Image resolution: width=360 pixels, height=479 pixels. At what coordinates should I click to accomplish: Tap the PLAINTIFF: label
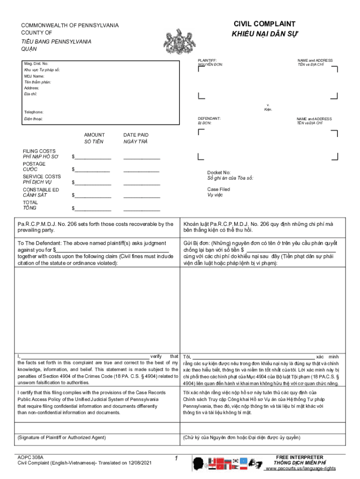pyautogui.click(x=207, y=60)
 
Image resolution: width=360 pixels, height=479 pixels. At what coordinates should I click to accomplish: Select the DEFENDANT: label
pyautogui.click(x=209, y=119)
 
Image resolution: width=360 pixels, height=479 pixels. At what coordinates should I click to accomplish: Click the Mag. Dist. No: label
pyautogui.click(x=36, y=63)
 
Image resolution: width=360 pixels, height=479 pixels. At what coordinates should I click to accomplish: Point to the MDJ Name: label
pyautogui.click(x=35, y=76)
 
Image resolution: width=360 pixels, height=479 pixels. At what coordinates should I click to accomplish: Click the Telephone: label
pyautogui.click(x=34, y=112)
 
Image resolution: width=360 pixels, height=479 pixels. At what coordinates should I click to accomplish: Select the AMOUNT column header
pyautogui.click(x=94, y=135)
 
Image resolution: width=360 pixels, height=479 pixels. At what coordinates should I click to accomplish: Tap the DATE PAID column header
pyautogui.click(x=136, y=135)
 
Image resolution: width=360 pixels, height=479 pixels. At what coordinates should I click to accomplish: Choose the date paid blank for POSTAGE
pyautogui.click(x=142, y=169)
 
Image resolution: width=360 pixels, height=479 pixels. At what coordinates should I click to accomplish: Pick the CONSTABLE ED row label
pyautogui.click(x=41, y=189)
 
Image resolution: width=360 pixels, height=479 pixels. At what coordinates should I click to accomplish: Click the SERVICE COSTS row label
pyautogui.click(x=42, y=176)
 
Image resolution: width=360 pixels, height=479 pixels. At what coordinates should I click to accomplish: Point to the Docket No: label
pyautogui.click(x=219, y=173)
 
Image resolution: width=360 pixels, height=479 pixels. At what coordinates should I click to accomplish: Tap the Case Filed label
pyautogui.click(x=219, y=189)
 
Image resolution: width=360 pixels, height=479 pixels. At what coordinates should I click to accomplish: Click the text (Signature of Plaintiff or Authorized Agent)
pyautogui.click(x=62, y=437)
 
